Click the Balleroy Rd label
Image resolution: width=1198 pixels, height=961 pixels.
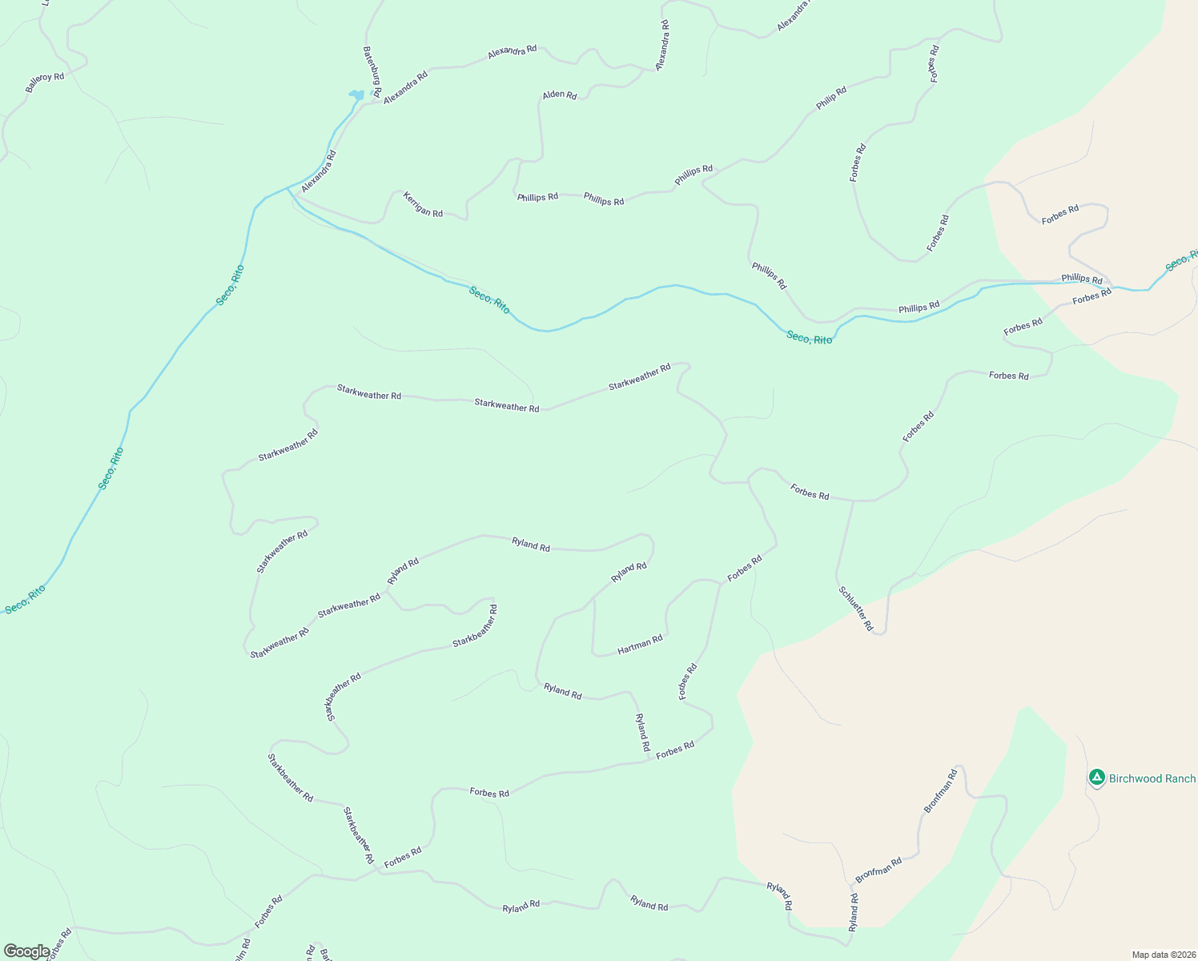point(45,82)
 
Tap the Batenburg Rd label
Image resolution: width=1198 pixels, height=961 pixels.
point(372,70)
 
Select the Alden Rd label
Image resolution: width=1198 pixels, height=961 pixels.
point(560,95)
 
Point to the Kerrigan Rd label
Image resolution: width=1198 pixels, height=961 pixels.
point(423,204)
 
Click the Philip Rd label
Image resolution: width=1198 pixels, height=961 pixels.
point(831,99)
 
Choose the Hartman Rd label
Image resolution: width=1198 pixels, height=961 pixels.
point(640,645)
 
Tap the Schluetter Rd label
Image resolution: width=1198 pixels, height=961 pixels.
point(855,609)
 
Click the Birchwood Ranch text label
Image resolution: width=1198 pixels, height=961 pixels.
point(1152,778)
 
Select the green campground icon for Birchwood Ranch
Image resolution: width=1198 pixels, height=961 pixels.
point(1096,777)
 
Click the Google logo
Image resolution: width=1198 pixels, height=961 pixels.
point(26,951)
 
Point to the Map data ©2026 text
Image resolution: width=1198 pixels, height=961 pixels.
point(1163,955)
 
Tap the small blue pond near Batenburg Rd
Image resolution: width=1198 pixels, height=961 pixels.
point(356,95)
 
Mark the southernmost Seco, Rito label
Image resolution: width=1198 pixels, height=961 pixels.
point(26,600)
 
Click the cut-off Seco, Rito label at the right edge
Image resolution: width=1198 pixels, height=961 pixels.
point(1181,260)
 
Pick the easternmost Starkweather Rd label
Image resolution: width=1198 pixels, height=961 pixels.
point(639,376)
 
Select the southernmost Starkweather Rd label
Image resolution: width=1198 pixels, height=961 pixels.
point(279,644)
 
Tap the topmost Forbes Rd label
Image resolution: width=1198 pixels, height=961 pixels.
point(934,64)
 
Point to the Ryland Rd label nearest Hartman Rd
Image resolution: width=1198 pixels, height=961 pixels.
point(629,572)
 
